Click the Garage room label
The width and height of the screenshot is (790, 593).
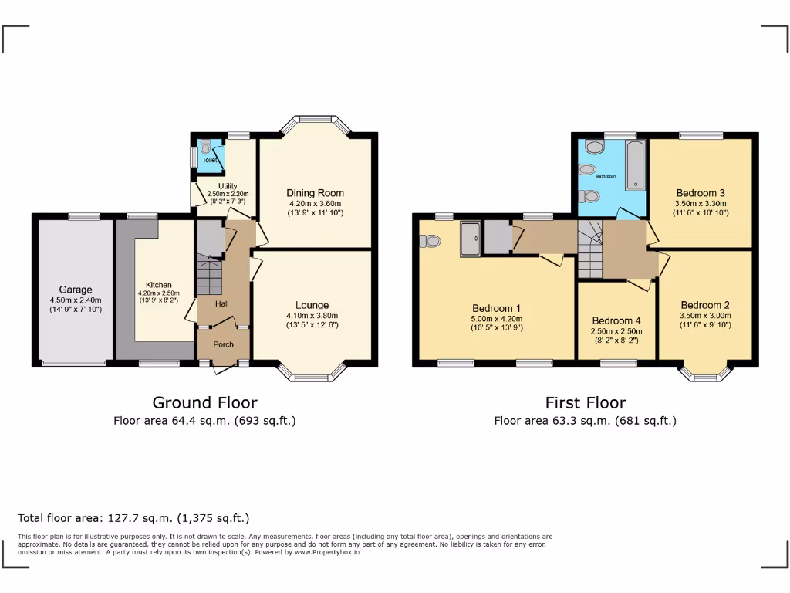tap(76, 290)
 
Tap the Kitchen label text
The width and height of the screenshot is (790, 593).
tap(159, 285)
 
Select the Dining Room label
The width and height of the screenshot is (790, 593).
tap(315, 193)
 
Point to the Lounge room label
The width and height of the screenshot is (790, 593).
tap(312, 305)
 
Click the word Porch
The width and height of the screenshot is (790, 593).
tap(224, 344)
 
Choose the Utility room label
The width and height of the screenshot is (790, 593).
tap(228, 186)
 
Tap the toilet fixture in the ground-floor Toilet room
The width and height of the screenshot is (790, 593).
tap(204, 146)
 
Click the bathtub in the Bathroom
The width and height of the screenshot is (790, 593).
tap(635, 165)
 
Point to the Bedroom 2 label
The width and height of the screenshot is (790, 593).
tap(705, 305)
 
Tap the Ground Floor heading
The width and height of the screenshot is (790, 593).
tap(204, 402)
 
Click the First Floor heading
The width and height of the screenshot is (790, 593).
tap(586, 402)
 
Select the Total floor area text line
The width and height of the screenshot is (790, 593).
tap(133, 518)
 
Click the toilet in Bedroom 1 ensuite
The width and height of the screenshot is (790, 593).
tap(430, 241)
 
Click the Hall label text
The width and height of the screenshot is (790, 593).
tap(222, 304)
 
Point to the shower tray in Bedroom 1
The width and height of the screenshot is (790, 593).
tap(471, 238)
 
